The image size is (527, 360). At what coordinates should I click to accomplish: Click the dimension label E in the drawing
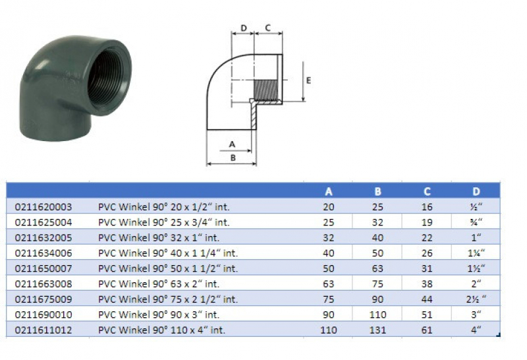(308, 80)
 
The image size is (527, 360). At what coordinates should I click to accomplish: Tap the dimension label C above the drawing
(268, 28)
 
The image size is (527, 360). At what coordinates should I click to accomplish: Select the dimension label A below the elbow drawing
(231, 143)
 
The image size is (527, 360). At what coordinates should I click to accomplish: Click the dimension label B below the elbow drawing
(231, 158)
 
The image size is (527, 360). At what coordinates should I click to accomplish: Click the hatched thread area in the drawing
(266, 87)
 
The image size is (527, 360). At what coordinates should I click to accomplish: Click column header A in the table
(329, 192)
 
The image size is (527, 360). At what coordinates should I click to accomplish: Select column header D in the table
(476, 192)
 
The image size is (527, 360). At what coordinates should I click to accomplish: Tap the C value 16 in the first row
(427, 206)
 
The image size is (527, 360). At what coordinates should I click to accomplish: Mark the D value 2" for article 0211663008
(476, 284)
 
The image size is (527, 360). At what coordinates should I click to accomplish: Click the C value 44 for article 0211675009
(427, 299)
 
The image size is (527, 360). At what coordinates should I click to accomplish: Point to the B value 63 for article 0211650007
(377, 268)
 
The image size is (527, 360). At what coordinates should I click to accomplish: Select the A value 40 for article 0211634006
(329, 253)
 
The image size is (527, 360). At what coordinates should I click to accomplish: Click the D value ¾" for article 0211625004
(476, 222)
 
